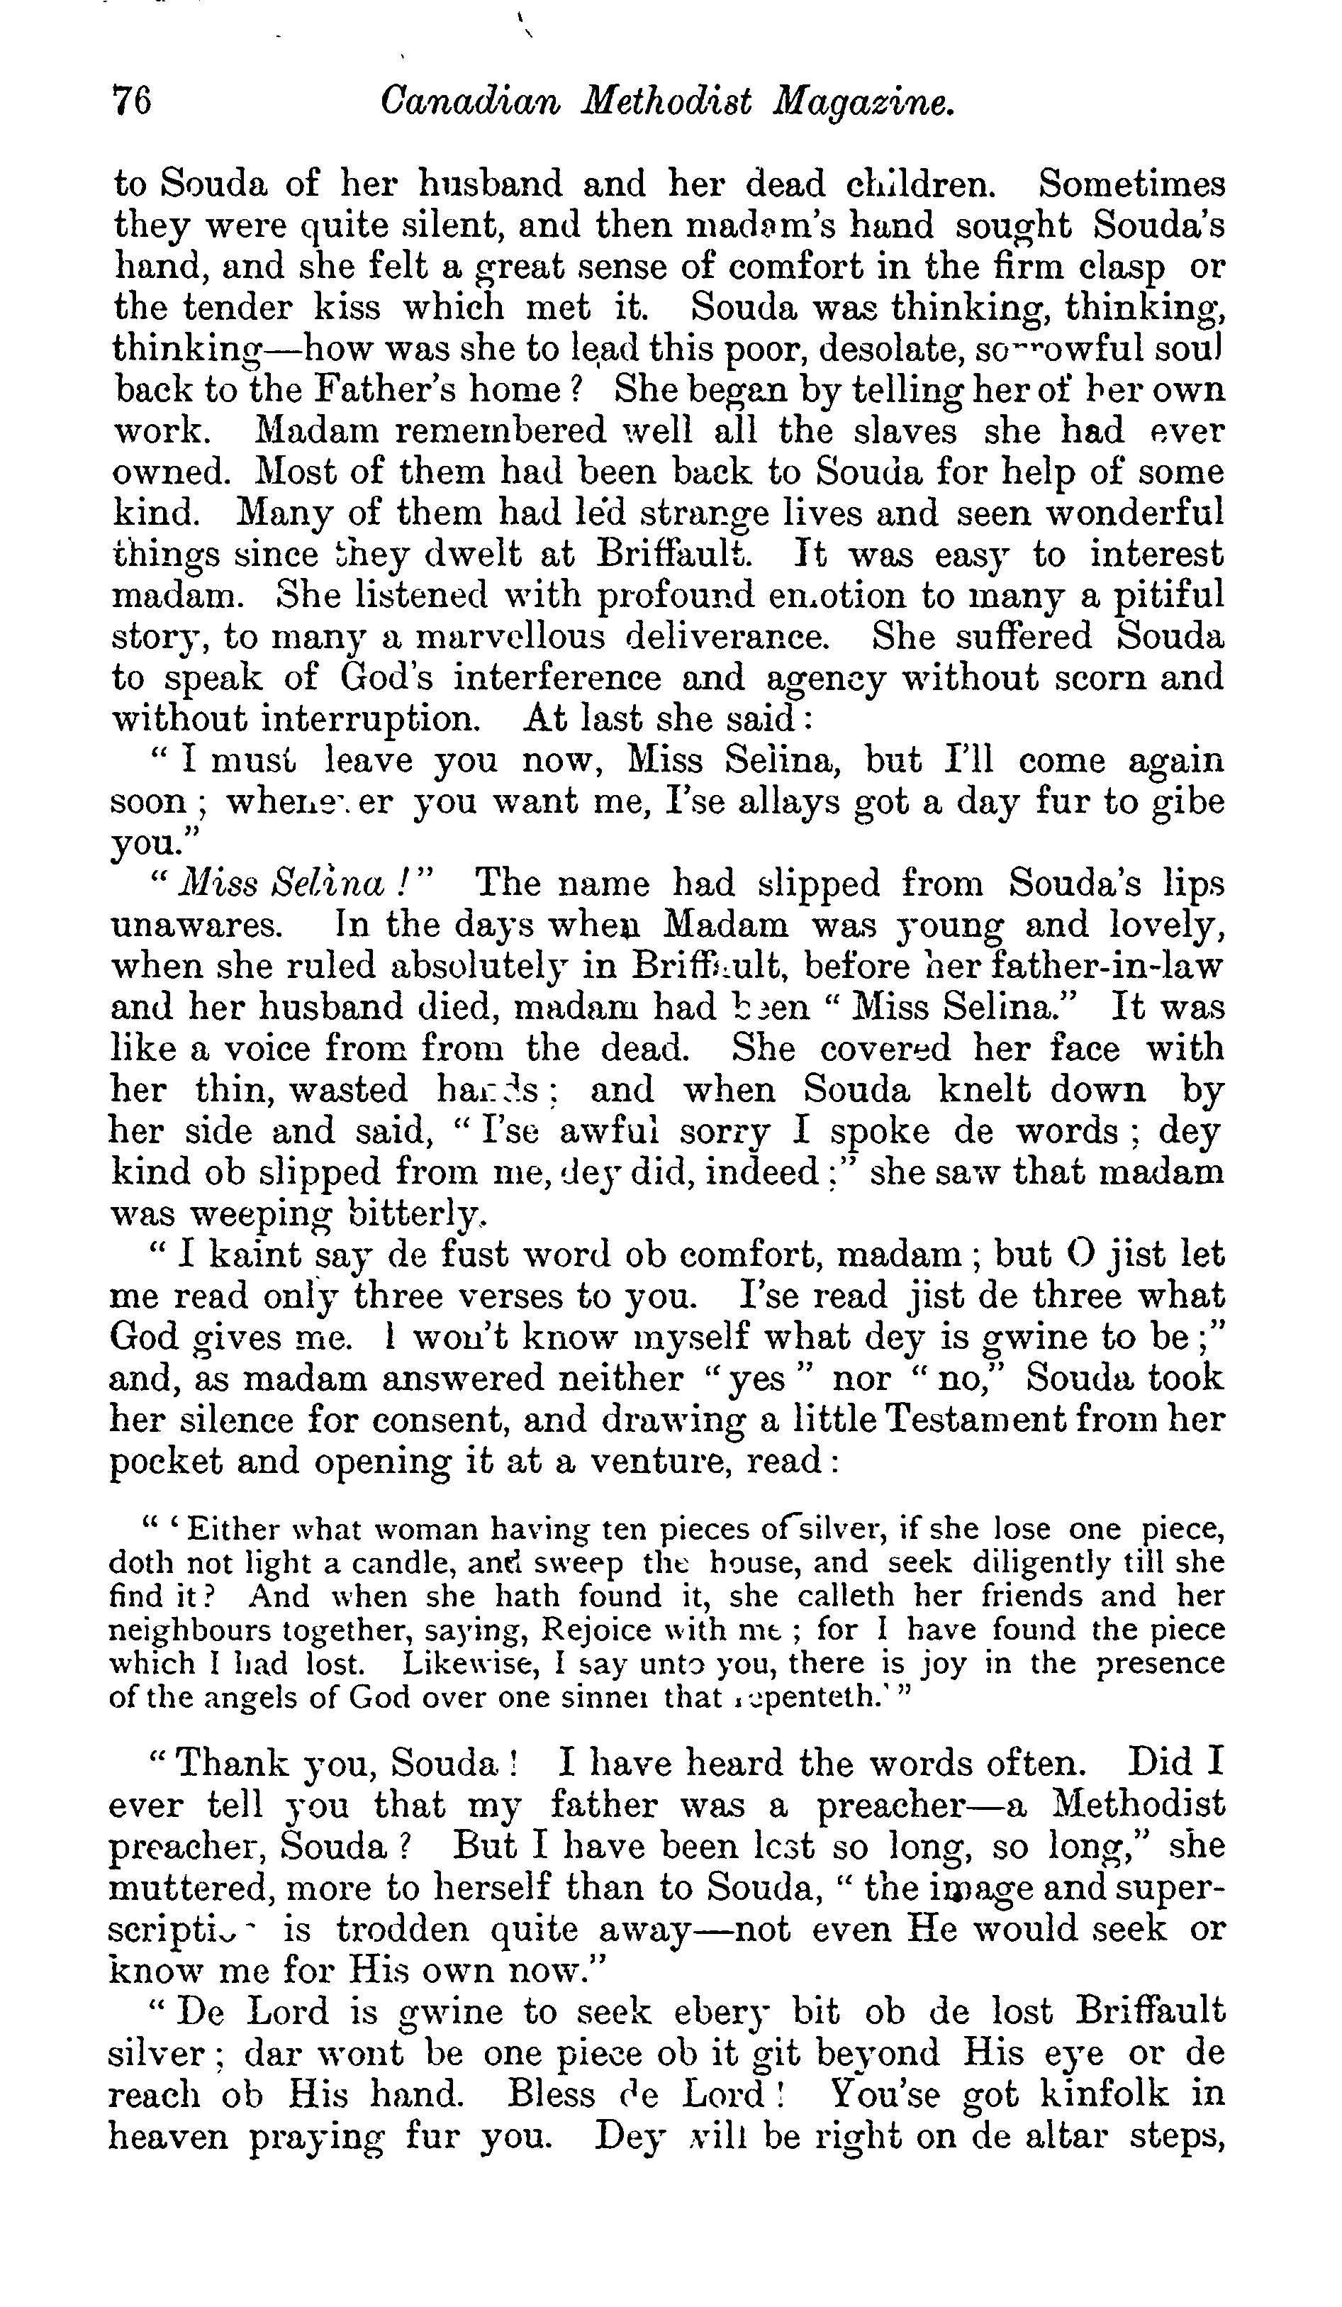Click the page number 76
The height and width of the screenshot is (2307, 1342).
(x=132, y=101)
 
